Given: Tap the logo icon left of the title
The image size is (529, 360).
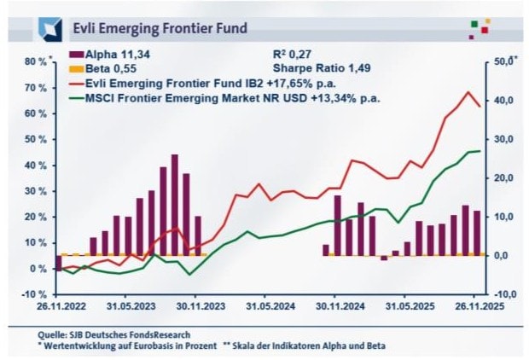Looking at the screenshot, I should pos(49,29).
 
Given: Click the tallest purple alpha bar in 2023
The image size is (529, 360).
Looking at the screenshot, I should pos(175,205).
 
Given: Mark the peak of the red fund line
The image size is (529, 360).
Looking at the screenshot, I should pos(468,92).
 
